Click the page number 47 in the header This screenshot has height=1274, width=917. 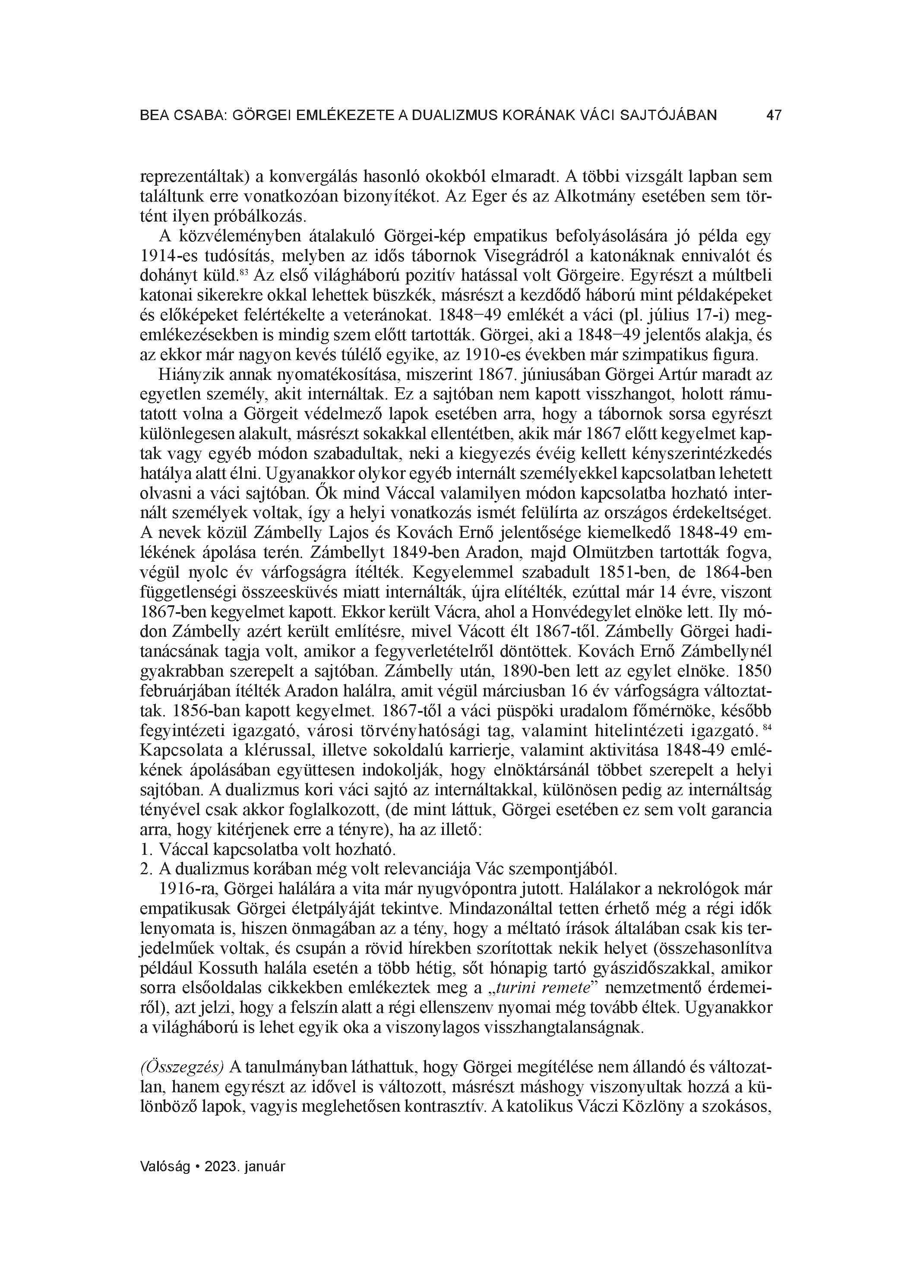tap(774, 116)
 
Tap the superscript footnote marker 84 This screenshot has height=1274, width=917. tap(768, 728)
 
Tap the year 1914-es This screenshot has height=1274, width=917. tap(168, 256)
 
